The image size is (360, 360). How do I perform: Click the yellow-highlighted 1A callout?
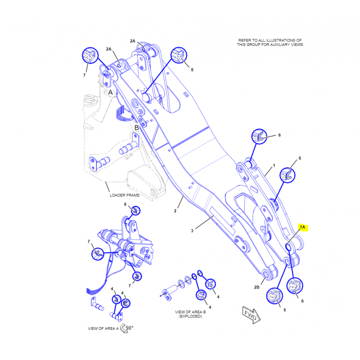click(x=302, y=227)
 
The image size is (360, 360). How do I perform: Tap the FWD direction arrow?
click(x=251, y=315)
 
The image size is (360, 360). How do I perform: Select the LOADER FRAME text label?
click(x=125, y=195)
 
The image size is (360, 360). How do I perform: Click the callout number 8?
click(x=192, y=70)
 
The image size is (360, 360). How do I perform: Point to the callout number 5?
click(x=285, y=310)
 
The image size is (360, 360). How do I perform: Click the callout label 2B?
click(x=256, y=287)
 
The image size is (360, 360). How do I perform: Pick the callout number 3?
click(x=192, y=231)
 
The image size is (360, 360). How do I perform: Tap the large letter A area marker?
click(x=110, y=92)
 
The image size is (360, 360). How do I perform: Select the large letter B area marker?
click(x=137, y=128)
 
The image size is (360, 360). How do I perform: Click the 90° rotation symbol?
click(x=127, y=328)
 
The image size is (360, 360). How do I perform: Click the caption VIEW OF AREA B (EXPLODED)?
click(x=190, y=314)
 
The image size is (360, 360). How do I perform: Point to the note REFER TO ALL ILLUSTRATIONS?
click(x=270, y=42)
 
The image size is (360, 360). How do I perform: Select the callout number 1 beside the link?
click(x=274, y=166)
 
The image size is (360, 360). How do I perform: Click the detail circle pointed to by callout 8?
click(x=179, y=55)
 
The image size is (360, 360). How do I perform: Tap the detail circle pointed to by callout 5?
click(x=274, y=296)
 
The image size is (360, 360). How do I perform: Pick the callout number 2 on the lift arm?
click(x=175, y=211)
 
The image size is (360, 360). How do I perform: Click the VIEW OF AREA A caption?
click(x=103, y=328)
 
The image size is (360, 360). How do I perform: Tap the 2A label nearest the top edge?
click(x=133, y=41)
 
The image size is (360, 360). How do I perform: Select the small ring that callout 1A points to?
click(x=288, y=247)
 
